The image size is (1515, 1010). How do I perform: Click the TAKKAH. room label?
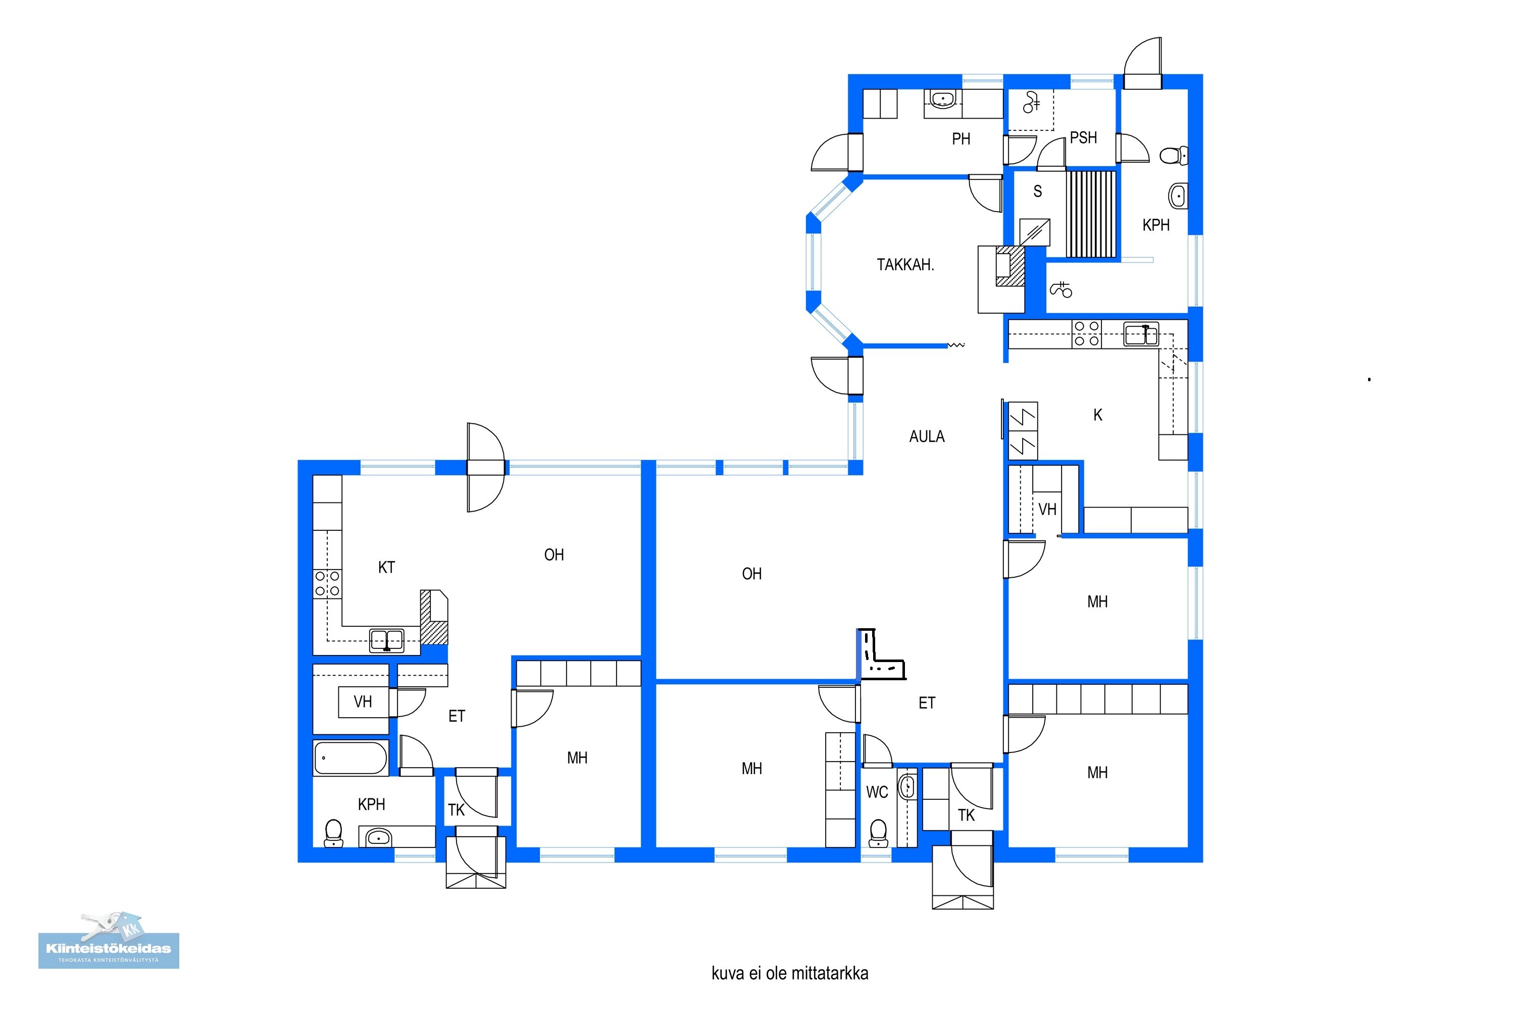pos(905,264)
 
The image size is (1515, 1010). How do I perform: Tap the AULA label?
pos(927,436)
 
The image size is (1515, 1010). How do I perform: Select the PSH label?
pos(1083,137)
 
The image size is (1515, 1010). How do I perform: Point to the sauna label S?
pos(1038,191)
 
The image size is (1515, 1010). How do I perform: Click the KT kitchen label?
pos(386,568)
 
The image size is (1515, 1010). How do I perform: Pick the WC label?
pos(877,792)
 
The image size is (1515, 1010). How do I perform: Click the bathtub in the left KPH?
pos(350,757)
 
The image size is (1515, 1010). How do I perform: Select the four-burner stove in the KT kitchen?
pos(327,584)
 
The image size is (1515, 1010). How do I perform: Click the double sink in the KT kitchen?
pos(386,640)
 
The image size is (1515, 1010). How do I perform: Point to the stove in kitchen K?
pos(1087,334)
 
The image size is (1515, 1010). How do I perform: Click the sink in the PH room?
pos(942,98)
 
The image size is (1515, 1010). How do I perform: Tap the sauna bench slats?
pos(1091,214)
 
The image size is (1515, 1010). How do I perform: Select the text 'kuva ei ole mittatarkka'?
pos(790,973)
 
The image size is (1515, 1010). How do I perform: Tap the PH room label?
pos(961,138)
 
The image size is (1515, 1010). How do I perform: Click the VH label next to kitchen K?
pos(1047,510)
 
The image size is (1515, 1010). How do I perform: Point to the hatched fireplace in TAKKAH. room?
pos(1010,266)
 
